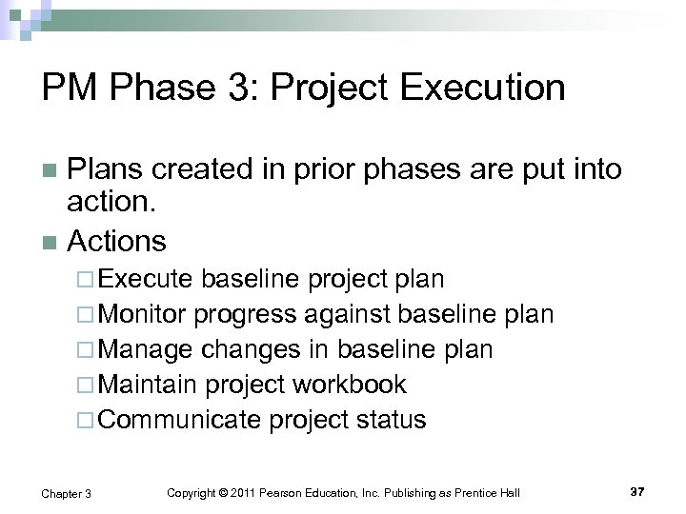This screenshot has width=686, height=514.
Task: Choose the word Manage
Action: point(148,350)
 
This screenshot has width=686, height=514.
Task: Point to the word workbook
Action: point(352,385)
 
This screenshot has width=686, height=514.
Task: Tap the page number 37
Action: point(639,489)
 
